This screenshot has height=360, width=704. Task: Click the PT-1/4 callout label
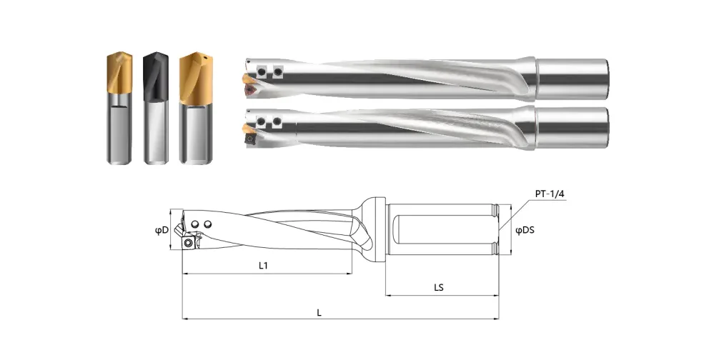click(x=550, y=194)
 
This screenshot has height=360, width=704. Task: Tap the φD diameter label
click(x=162, y=230)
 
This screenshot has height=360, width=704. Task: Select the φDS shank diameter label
click(x=525, y=230)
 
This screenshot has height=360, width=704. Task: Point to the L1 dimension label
click(x=263, y=265)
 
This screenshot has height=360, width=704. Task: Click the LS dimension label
click(x=439, y=287)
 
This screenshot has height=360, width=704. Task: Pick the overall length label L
click(x=319, y=313)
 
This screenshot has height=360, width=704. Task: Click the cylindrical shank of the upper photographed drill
click(x=572, y=79)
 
